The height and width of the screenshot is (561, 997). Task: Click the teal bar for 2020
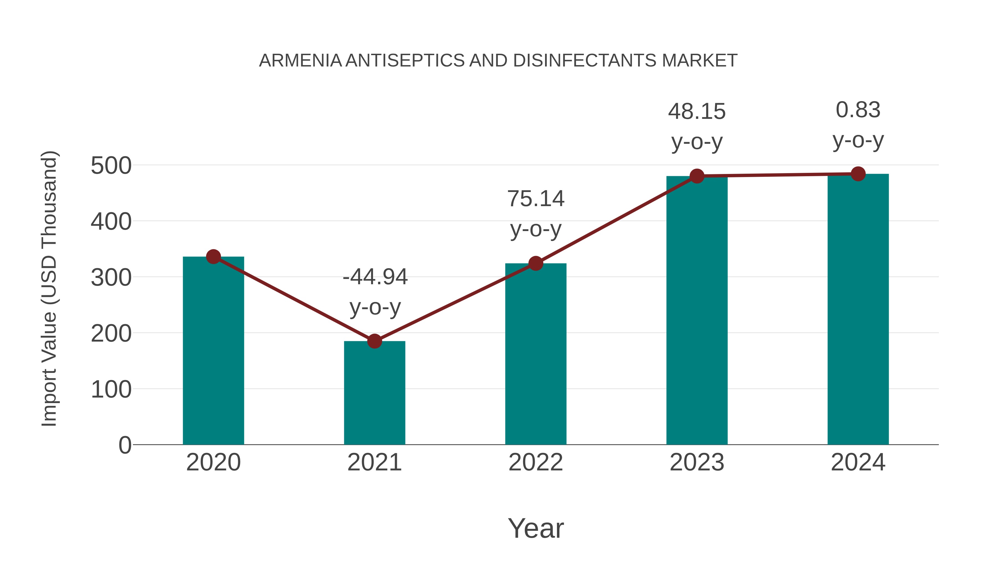(213, 350)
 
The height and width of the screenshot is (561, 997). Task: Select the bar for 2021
(374, 393)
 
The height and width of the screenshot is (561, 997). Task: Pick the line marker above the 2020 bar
(213, 256)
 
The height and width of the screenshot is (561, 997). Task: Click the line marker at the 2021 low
(374, 341)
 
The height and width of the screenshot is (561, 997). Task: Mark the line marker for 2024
(858, 174)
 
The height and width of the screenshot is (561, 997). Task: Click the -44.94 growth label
(375, 277)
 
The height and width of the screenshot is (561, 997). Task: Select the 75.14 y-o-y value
(536, 199)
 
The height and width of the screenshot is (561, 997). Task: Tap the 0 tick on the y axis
(125, 445)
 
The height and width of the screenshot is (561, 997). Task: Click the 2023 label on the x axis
(697, 462)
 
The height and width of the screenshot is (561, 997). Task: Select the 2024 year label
(858, 462)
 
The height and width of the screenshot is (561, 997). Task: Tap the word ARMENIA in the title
(300, 60)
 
